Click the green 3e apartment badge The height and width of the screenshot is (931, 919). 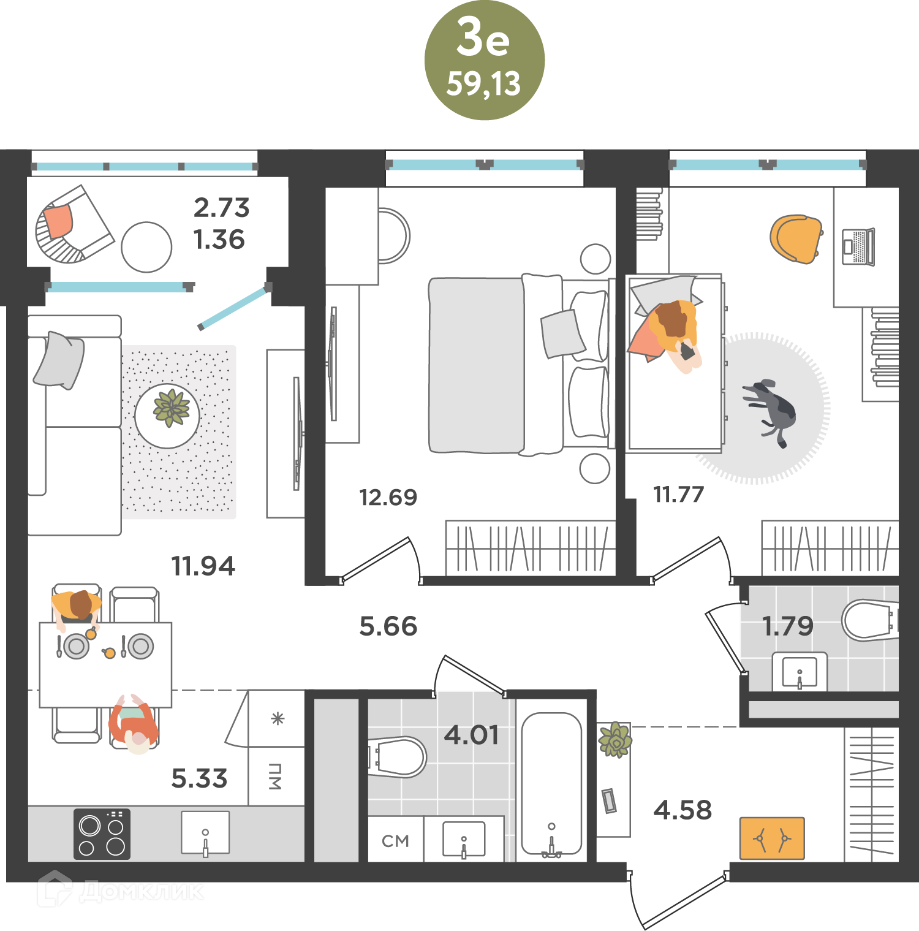coord(484,60)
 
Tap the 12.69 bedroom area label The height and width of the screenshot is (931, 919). coord(388,497)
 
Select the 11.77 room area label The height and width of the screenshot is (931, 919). coord(679,494)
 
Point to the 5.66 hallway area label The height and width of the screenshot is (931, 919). coord(388,626)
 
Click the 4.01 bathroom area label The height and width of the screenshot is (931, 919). coord(471,735)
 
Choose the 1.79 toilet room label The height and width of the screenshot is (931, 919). coord(788,626)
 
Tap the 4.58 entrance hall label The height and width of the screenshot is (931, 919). coord(683,810)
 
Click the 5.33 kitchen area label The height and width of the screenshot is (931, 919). coord(199,778)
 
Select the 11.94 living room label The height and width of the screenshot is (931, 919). coord(203,566)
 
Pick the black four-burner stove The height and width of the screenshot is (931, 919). coord(102,834)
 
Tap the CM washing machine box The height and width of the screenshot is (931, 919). coord(395,840)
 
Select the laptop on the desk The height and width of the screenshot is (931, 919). coord(858,246)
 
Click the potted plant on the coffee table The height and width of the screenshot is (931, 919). coord(171,408)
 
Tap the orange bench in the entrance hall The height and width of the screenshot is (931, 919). coord(772,838)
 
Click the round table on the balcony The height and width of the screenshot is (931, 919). coord(146,247)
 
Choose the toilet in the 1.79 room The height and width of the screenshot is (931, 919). coord(870,620)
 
